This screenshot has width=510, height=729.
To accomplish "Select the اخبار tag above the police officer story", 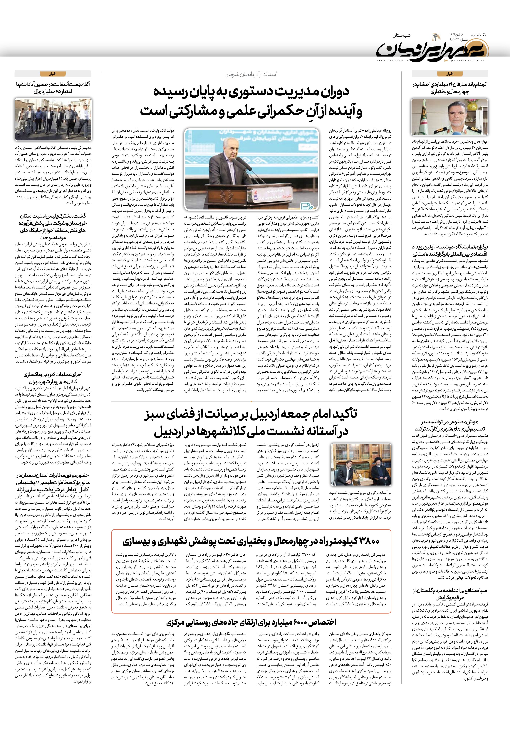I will (450, 74).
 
